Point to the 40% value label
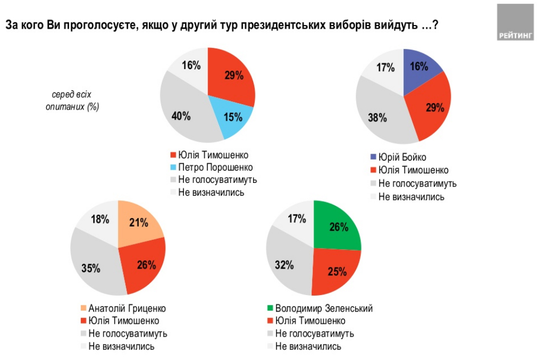tap(181, 115)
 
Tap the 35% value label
tap(91, 268)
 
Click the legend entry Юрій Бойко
tap(402, 158)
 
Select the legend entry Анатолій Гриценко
tap(127, 308)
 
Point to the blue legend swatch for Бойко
tap(372, 158)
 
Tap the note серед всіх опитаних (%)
tap(72, 100)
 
